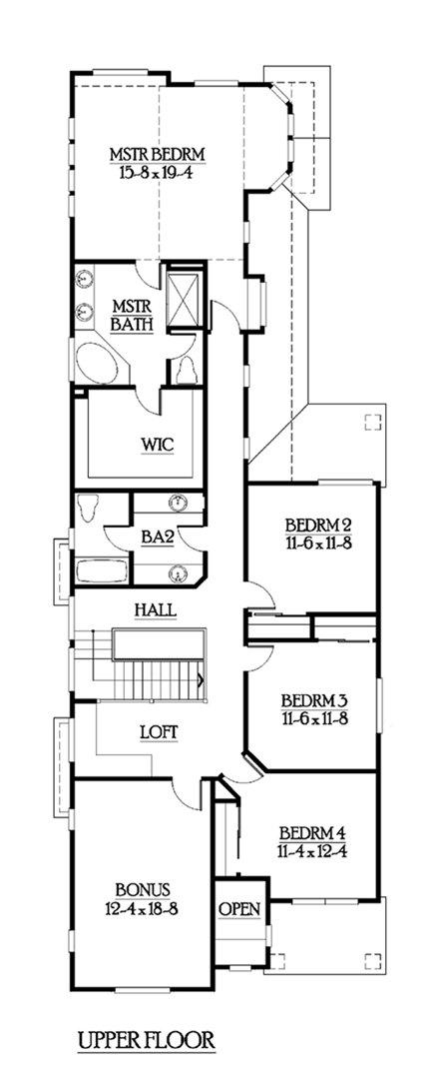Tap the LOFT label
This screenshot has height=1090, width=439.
click(158, 731)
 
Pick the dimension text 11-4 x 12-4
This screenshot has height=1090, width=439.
click(312, 850)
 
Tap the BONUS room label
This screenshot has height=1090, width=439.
click(141, 888)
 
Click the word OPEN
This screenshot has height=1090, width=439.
click(239, 908)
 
